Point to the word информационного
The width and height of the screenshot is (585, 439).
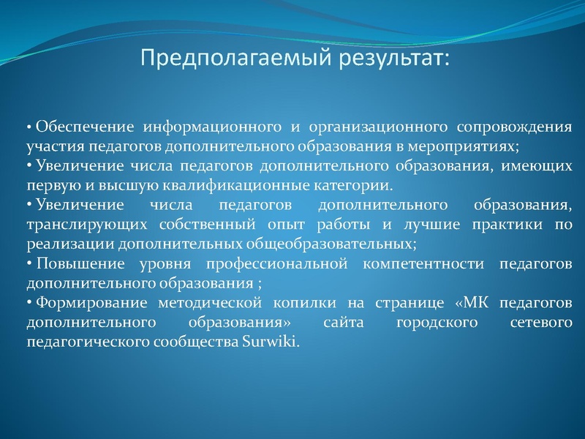click(202, 127)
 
